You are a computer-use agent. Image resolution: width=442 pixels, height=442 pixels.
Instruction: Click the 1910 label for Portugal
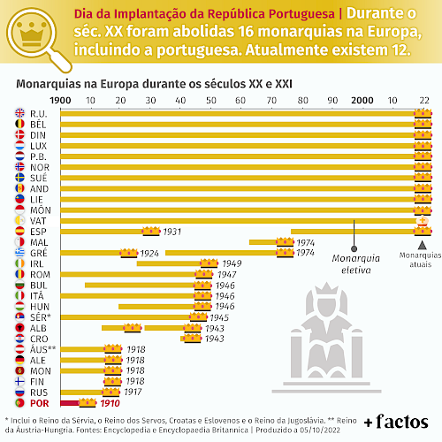click(110, 403)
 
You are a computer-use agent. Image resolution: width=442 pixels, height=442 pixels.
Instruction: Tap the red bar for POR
click(70, 403)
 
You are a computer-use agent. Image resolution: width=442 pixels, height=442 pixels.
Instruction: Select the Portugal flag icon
click(19, 403)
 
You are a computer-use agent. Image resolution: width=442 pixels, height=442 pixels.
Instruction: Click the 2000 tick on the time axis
click(362, 101)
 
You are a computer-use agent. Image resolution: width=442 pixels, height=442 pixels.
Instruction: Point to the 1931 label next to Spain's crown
click(172, 232)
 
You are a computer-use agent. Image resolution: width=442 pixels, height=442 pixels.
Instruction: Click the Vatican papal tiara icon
click(423, 221)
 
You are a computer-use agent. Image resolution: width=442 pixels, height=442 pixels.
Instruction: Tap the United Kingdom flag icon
click(19, 113)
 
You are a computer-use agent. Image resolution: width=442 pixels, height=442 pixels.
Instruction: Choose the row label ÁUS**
click(43, 349)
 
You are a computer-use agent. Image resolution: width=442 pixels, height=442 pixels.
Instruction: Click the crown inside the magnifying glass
click(31, 34)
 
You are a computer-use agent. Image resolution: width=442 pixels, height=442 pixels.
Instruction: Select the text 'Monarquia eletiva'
click(356, 264)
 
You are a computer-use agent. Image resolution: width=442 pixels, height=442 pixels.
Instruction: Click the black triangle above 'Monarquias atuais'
click(423, 245)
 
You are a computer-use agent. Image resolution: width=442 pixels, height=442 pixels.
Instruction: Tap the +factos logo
click(396, 422)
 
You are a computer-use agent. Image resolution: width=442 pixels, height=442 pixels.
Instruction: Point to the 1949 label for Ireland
click(232, 263)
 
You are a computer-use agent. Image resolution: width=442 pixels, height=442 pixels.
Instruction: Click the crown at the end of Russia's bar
click(111, 392)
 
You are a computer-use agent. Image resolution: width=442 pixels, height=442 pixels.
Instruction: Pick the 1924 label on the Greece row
click(149, 254)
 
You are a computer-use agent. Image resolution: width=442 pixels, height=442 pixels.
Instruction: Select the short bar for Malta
click(263, 242)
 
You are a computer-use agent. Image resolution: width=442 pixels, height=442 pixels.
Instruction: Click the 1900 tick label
click(60, 101)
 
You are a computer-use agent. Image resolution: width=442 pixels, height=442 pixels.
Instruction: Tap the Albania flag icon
click(19, 328)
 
